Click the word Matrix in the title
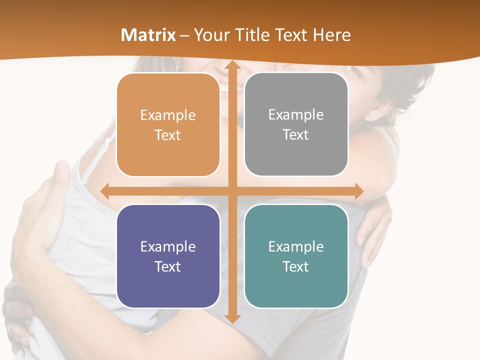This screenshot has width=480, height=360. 148,35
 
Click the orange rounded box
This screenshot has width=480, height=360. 168,125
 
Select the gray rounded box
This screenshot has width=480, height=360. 296,124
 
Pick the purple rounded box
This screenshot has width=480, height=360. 168,256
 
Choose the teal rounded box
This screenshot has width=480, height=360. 296,256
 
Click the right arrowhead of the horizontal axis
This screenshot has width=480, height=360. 359,191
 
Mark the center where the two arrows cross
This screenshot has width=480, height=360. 232,191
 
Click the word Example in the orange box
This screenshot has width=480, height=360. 168,115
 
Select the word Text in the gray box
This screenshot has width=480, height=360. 296,135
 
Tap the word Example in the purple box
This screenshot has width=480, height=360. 168,247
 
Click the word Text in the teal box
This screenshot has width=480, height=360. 296,266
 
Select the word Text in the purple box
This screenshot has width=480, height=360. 168,266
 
